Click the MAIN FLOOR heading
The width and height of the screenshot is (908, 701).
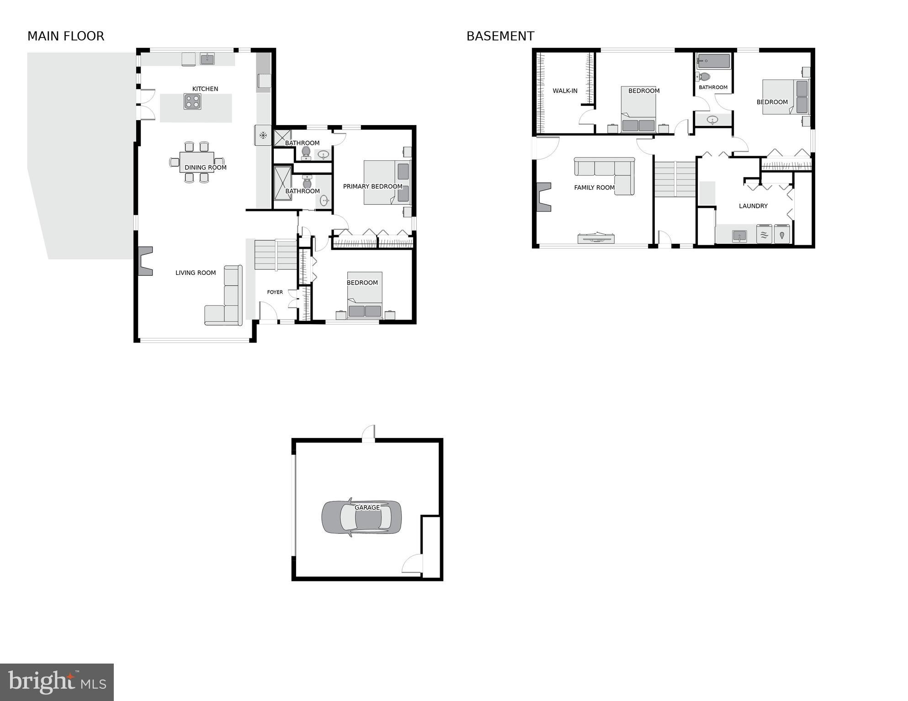(66, 36)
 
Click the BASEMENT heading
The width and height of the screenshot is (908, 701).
(500, 36)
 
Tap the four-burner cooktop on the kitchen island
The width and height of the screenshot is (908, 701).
(192, 101)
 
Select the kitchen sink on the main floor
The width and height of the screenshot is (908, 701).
(207, 58)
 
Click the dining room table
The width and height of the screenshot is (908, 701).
(197, 162)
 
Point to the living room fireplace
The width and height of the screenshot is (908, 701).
(145, 261)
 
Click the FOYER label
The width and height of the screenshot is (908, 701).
(275, 292)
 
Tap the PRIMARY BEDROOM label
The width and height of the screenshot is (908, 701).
(372, 186)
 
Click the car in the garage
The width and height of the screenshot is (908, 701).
(361, 517)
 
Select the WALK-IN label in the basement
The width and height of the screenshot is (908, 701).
(565, 91)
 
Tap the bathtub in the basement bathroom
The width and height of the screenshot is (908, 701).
(714, 61)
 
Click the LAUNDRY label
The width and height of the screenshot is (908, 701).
(753, 206)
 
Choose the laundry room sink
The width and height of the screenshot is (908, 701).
(739, 236)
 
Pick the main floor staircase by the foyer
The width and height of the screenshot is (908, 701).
(276, 254)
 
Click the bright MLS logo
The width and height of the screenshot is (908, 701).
(57, 682)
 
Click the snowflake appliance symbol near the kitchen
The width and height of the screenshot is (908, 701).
(263, 135)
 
